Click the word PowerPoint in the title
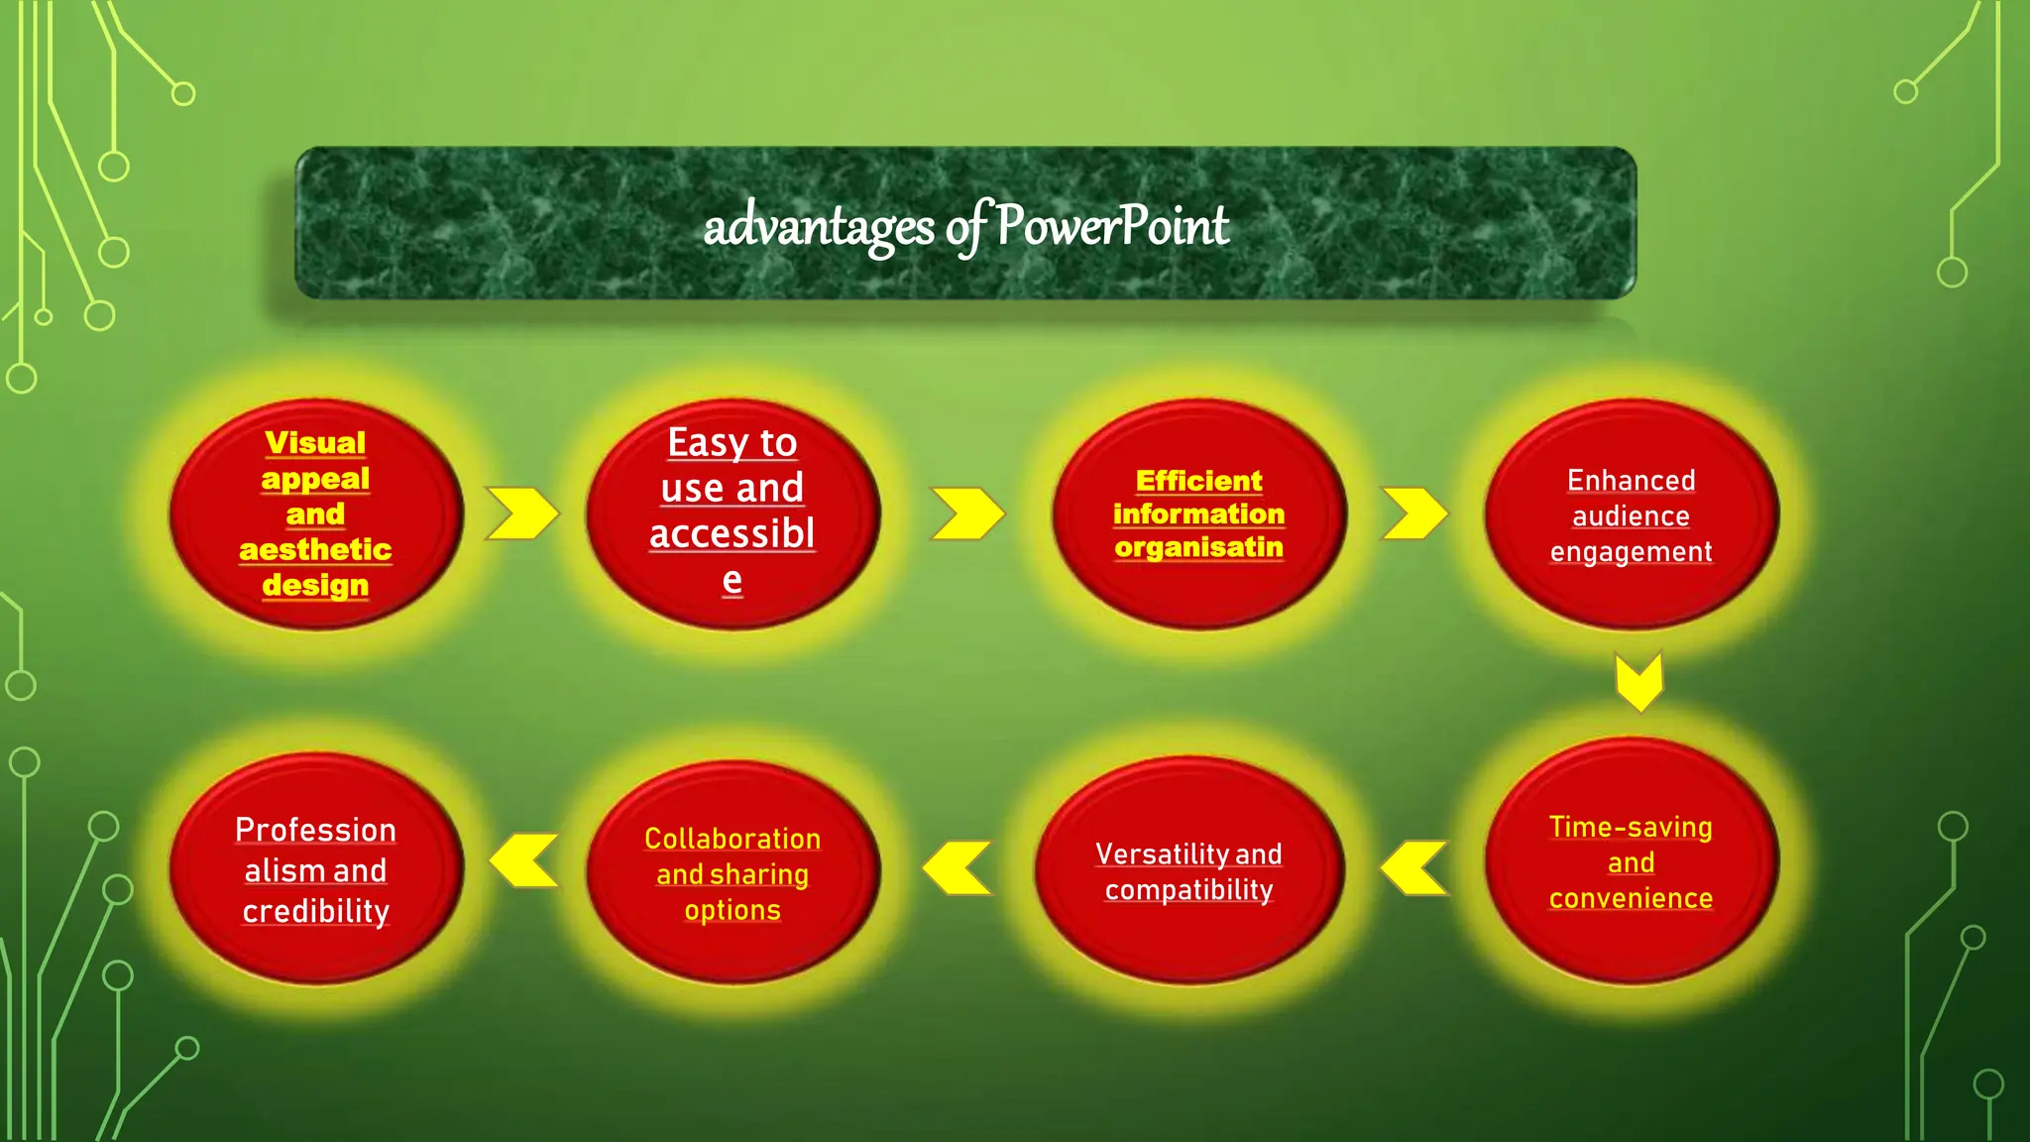[x=1112, y=226]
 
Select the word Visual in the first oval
[x=315, y=442]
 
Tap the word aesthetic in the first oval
[x=315, y=549]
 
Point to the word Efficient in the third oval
[x=1198, y=481]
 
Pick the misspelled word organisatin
[x=1198, y=547]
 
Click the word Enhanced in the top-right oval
[x=1631, y=481]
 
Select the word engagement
[x=1631, y=552]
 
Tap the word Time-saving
[x=1631, y=827]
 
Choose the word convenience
[x=1631, y=898]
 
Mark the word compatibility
[x=1188, y=890]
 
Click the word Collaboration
[x=733, y=839]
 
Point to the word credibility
[x=315, y=911]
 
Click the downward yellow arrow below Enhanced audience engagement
[x=1638, y=682]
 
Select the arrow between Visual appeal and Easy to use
[x=521, y=514]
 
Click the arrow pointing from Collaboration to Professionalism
[x=524, y=860]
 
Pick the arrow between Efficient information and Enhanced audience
[x=1414, y=514]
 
